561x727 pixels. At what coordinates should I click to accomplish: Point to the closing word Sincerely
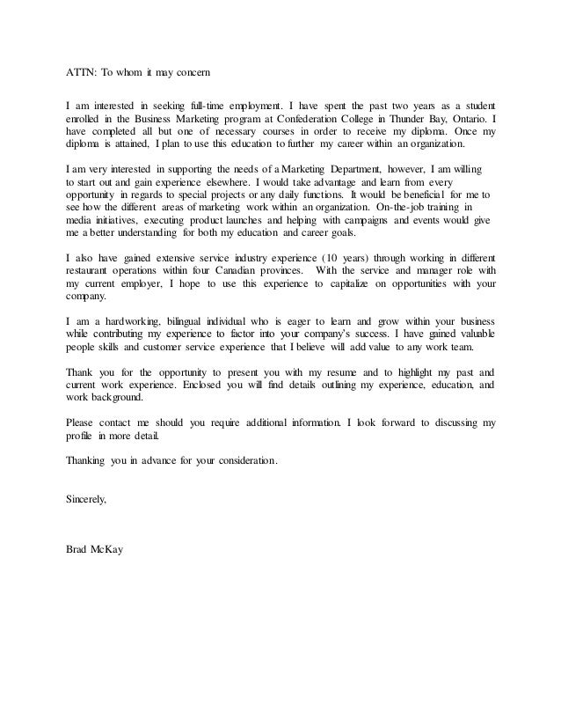tap(86, 498)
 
